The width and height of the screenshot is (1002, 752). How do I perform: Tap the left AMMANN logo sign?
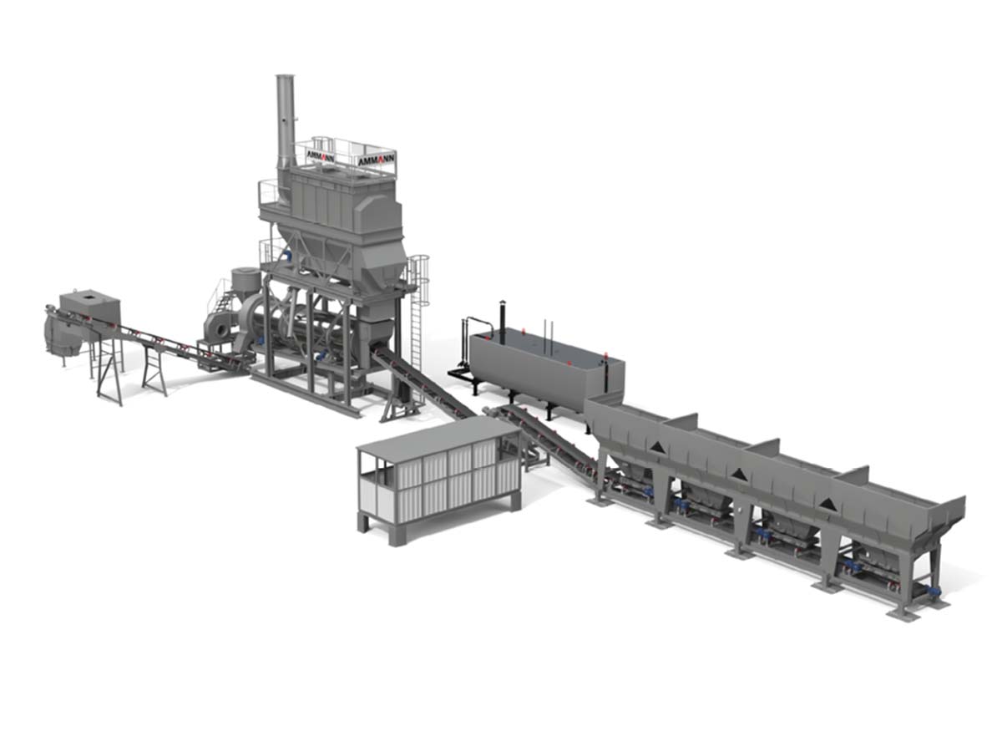[x=320, y=156]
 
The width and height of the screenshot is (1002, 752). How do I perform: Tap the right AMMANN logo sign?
[x=376, y=160]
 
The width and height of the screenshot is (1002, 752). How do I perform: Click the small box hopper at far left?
[x=89, y=308]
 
